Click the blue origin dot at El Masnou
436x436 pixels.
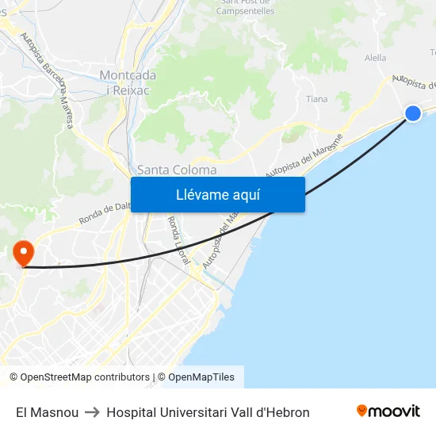pyautogui.click(x=413, y=113)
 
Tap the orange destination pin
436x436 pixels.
pyautogui.click(x=24, y=253)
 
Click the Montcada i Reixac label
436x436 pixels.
pyautogui.click(x=128, y=82)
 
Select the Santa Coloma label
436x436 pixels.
pyautogui.click(x=177, y=170)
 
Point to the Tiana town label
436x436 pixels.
pyautogui.click(x=316, y=99)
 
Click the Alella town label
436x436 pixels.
pyautogui.click(x=375, y=58)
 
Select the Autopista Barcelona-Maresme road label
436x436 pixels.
pyautogui.click(x=48, y=79)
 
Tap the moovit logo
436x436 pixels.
pyautogui.click(x=388, y=411)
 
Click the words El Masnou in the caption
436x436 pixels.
pyautogui.click(x=47, y=412)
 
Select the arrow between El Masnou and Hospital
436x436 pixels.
pyautogui.click(x=92, y=412)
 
